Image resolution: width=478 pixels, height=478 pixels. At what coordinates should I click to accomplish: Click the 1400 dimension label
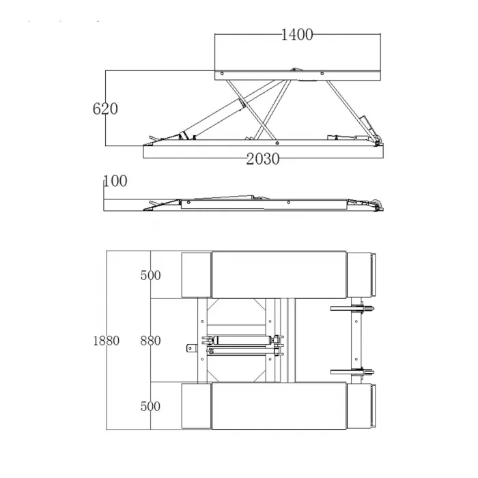pyautogui.click(x=296, y=35)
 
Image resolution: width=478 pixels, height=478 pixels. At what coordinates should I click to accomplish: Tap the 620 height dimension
pyautogui.click(x=105, y=109)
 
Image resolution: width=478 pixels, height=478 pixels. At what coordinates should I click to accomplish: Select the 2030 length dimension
pyautogui.click(x=263, y=159)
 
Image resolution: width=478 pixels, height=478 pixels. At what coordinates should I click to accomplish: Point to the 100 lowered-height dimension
pyautogui.click(x=115, y=181)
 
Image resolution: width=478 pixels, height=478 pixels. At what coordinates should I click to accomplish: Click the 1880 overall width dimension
pyautogui.click(x=106, y=341)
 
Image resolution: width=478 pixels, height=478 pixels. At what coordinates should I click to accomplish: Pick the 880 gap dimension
pyautogui.click(x=151, y=341)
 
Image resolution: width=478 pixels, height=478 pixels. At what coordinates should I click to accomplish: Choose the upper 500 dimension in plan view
pyautogui.click(x=151, y=275)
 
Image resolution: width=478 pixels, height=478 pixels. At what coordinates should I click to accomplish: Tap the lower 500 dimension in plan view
pyautogui.click(x=151, y=406)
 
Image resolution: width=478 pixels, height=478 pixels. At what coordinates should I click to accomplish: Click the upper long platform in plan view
pyautogui.click(x=279, y=275)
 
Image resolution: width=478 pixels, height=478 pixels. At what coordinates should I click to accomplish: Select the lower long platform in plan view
pyautogui.click(x=279, y=406)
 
